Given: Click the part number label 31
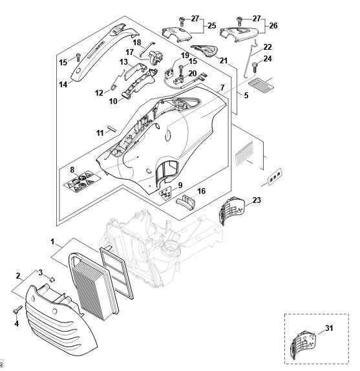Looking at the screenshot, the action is click(329, 328).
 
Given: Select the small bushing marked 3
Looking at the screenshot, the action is click(52, 279).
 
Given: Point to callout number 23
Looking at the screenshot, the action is click(257, 200).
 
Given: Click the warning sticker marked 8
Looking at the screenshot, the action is click(82, 181).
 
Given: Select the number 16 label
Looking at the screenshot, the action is click(201, 191).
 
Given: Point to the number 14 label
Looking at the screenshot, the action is click(63, 84).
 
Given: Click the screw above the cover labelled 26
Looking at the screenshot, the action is click(239, 21).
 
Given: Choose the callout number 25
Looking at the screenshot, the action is click(212, 26).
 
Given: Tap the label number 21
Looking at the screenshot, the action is click(223, 61).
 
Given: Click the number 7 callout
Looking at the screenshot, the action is click(222, 88).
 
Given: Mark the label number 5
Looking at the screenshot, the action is click(246, 96).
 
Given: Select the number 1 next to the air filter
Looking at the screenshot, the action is click(52, 242).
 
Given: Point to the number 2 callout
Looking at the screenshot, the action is click(18, 276).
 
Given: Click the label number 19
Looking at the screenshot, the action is click(185, 56).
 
